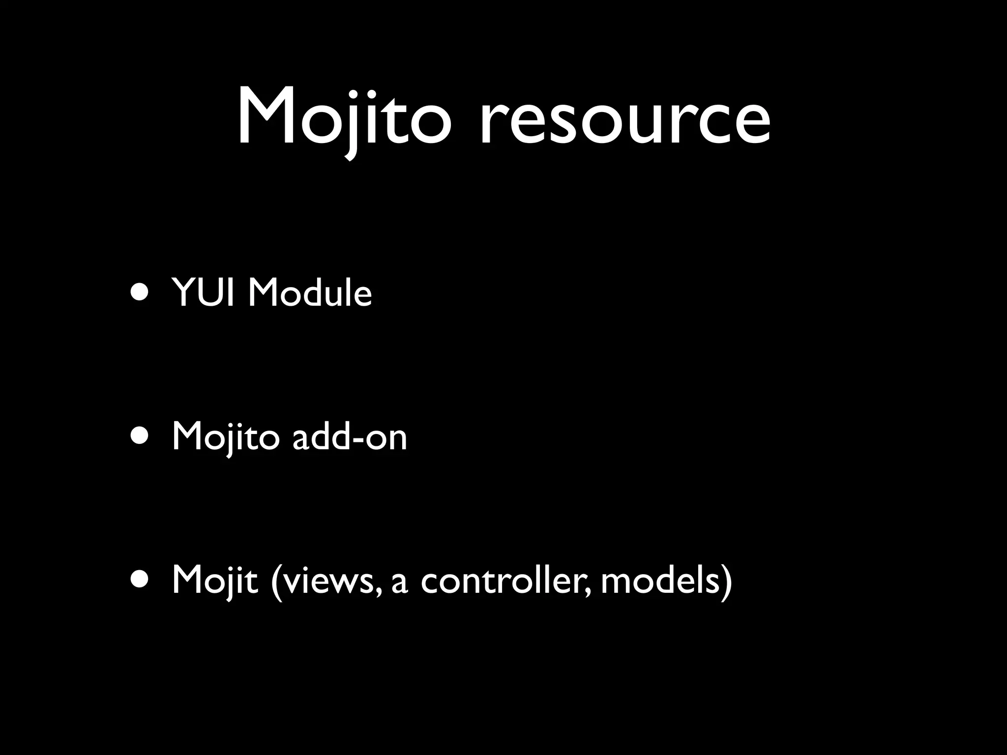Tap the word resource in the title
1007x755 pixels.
[624, 120]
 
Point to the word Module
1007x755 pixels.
[310, 293]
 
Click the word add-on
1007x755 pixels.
[350, 436]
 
